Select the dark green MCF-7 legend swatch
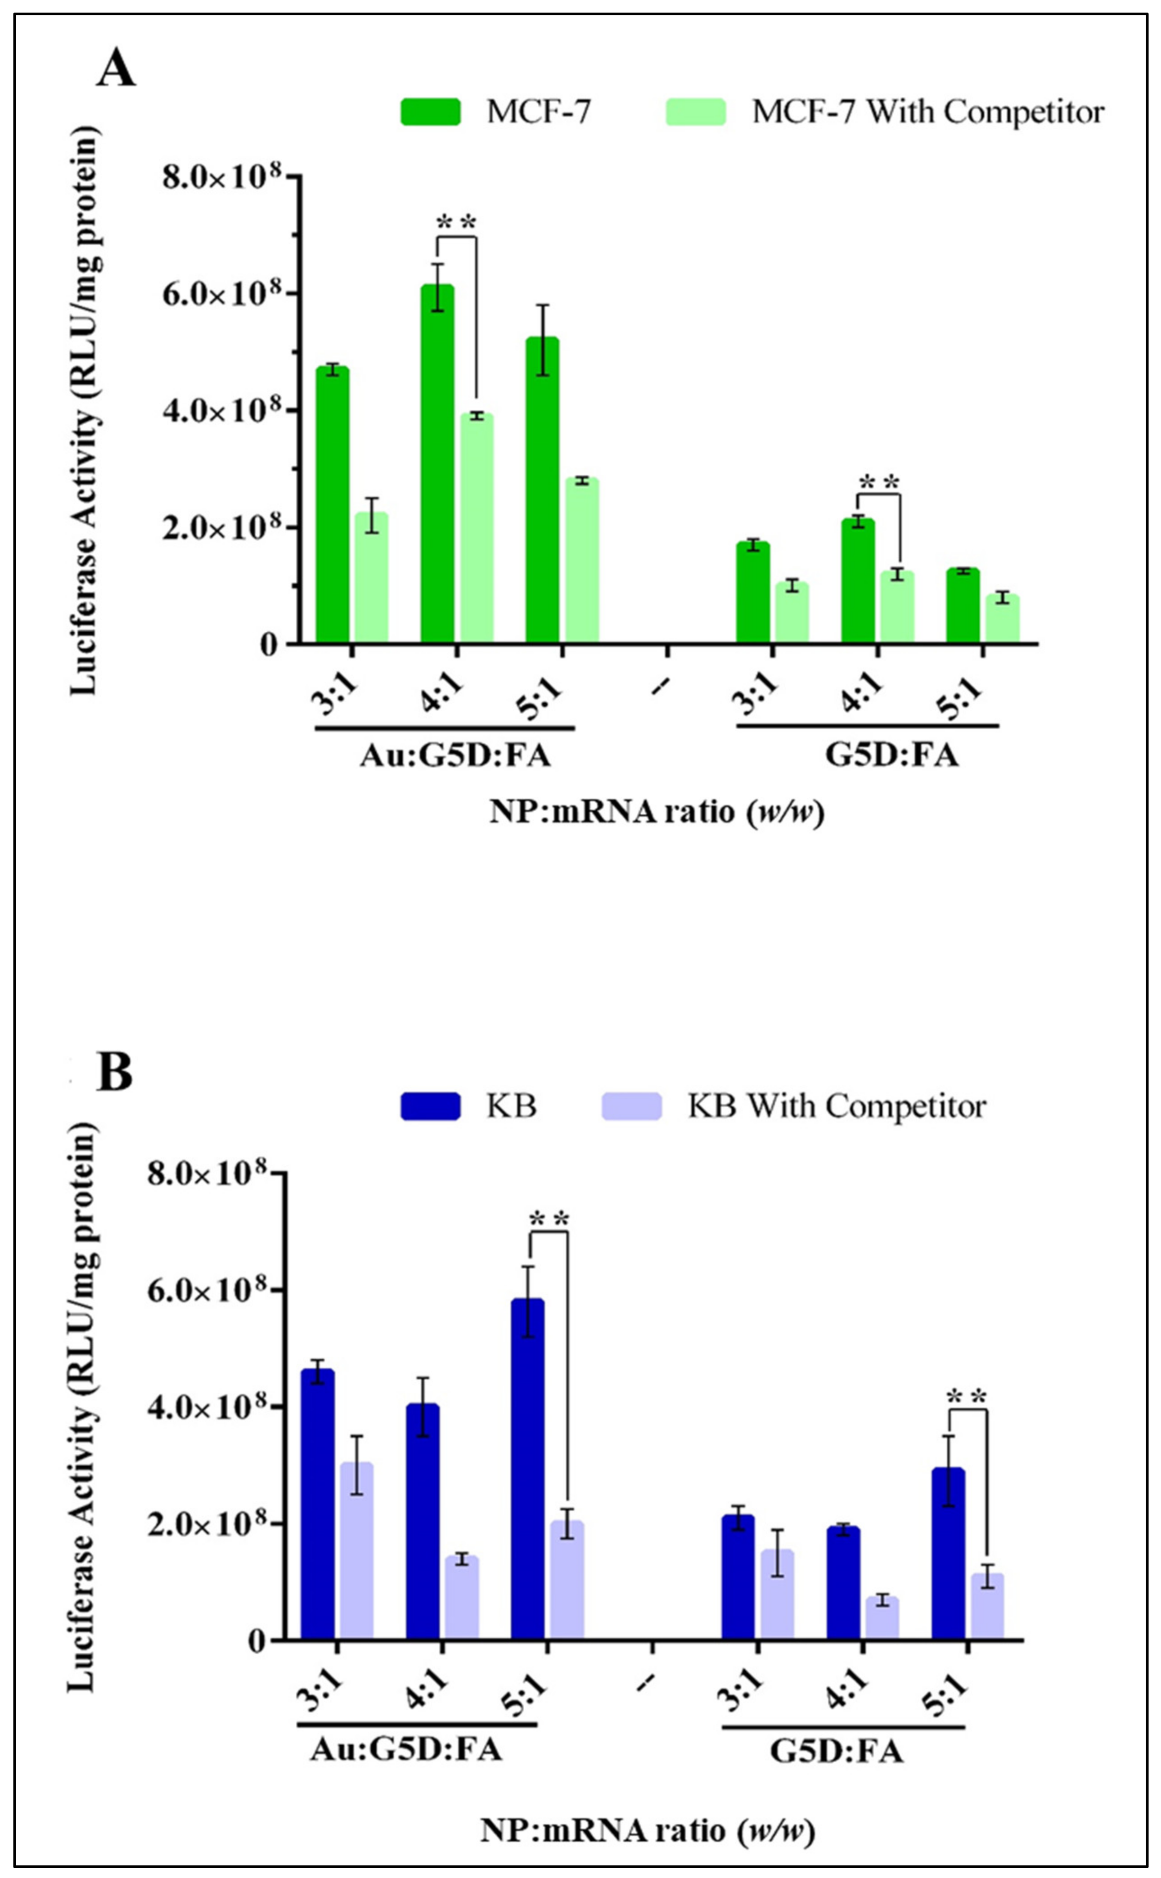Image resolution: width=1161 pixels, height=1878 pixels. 430,112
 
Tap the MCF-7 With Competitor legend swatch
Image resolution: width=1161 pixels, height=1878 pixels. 695,112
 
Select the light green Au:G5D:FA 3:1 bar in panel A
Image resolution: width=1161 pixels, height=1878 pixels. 371,577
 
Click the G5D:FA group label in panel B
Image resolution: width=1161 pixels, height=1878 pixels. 836,1753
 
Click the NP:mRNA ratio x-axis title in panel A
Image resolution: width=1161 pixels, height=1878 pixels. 657,812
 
